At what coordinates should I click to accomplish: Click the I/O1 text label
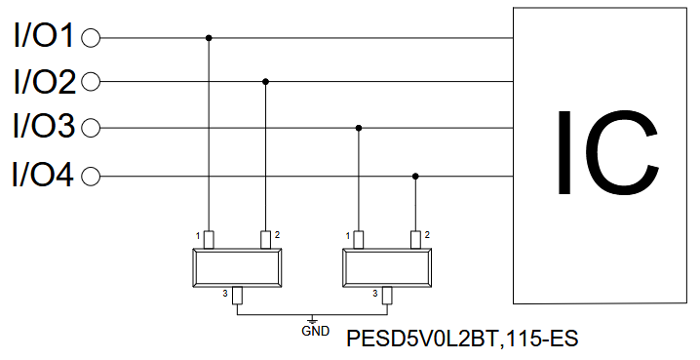click(x=43, y=36)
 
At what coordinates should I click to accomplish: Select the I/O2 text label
click(x=45, y=82)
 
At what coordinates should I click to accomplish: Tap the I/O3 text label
click(x=44, y=126)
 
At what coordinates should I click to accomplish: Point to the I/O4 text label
click(x=43, y=175)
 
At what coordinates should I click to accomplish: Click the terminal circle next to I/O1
click(x=91, y=38)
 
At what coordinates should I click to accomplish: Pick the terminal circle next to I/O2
click(x=91, y=82)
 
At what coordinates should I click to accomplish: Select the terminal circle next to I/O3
click(x=91, y=128)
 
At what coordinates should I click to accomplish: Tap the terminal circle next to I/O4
click(x=91, y=177)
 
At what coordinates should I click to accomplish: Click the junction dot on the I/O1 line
click(x=209, y=38)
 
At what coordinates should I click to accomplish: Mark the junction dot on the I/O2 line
click(x=265, y=82)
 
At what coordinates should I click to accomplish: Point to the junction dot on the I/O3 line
click(x=359, y=128)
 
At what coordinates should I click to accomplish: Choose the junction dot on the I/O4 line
click(x=415, y=177)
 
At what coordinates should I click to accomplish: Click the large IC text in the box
click(x=608, y=152)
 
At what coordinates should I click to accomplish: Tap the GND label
click(x=315, y=331)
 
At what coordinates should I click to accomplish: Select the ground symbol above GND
click(x=313, y=320)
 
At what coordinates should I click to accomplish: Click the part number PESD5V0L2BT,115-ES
click(x=462, y=339)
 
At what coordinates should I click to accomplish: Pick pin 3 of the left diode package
click(x=237, y=296)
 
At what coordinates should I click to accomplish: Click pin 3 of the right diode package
click(x=387, y=296)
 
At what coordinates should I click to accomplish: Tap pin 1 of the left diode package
click(x=209, y=240)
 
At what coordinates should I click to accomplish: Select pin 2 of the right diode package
click(x=415, y=240)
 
